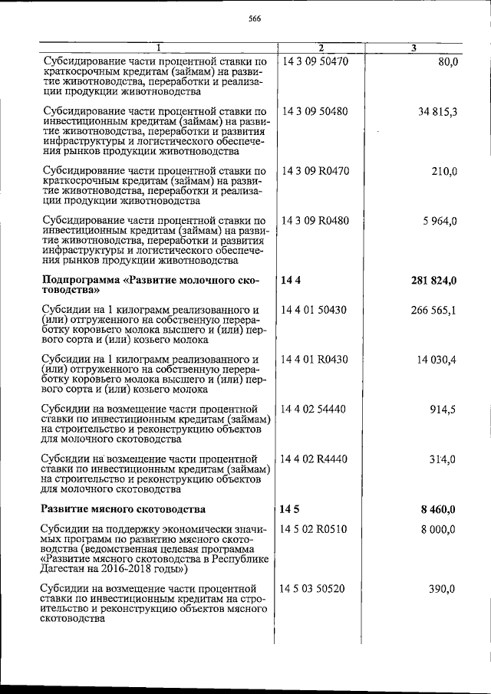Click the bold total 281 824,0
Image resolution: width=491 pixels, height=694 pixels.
tap(434, 281)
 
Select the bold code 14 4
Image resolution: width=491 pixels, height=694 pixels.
tap(289, 281)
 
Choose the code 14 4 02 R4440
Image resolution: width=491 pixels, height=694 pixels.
tap(316, 459)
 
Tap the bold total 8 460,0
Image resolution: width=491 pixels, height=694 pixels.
tap(439, 508)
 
